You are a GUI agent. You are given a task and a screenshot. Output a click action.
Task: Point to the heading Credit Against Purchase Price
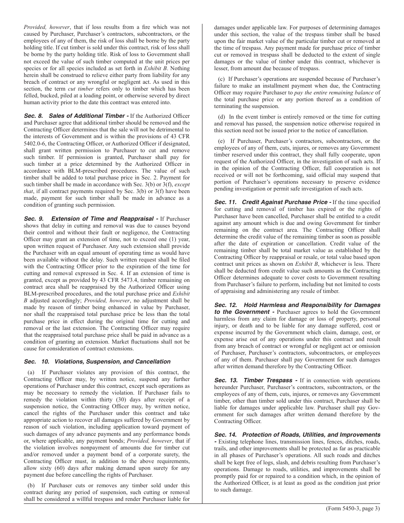coord(272,202)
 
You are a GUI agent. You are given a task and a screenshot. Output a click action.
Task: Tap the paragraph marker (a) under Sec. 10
coord(31,372)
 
